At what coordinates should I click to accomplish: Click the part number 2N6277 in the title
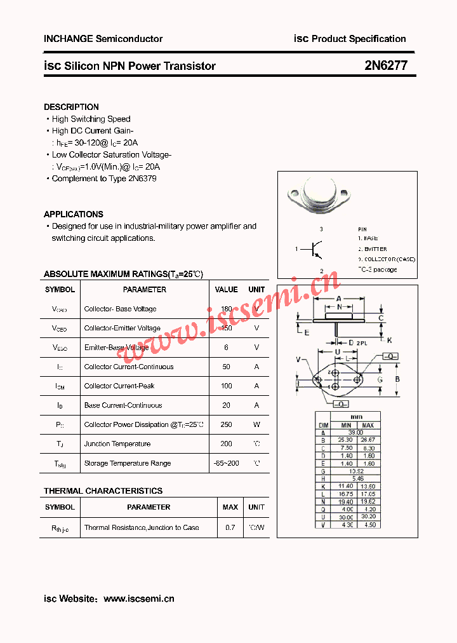(x=386, y=65)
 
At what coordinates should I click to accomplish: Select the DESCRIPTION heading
(x=71, y=107)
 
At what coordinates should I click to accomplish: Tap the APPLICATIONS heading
(x=73, y=214)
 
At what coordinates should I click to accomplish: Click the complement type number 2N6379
(x=142, y=179)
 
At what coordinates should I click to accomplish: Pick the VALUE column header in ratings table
(x=226, y=290)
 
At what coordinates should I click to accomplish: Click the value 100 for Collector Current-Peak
(x=226, y=386)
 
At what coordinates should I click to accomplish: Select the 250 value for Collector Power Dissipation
(x=226, y=424)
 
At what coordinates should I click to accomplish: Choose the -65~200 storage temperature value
(x=226, y=463)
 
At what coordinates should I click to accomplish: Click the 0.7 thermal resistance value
(x=230, y=527)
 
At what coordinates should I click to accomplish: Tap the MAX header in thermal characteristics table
(x=230, y=507)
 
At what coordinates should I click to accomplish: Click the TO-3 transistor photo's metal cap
(x=322, y=191)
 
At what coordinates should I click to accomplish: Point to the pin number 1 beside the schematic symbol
(x=296, y=249)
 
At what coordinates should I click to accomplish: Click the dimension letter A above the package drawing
(x=339, y=299)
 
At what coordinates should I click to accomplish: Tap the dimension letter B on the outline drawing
(x=397, y=379)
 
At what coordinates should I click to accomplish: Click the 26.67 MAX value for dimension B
(x=368, y=440)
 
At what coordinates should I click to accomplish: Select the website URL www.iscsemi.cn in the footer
(x=138, y=599)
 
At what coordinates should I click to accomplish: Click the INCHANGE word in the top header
(x=68, y=39)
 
